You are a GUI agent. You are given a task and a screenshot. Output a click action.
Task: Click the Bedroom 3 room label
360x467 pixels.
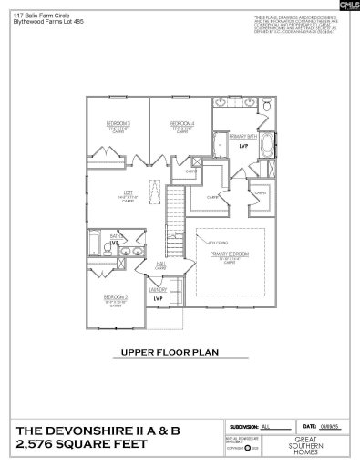(x=119, y=124)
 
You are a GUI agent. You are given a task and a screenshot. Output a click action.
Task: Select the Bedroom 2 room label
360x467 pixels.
(x=114, y=298)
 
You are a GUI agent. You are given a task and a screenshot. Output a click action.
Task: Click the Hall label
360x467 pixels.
(x=159, y=265)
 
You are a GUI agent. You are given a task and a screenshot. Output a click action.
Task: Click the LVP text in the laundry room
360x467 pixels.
(x=158, y=299)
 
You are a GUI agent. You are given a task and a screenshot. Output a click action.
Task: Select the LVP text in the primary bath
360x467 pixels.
(x=242, y=146)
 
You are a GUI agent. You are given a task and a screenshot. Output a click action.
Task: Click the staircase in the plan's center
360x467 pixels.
(x=173, y=236)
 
